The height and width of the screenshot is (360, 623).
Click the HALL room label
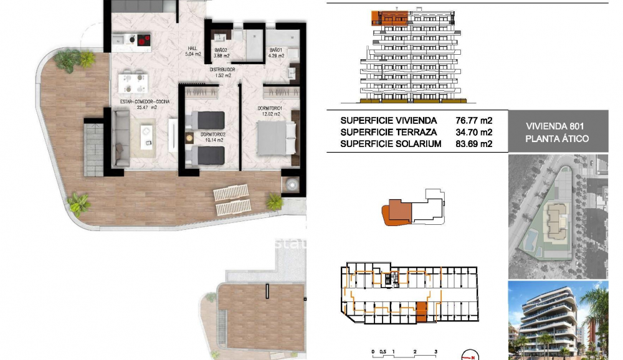tap(194, 49)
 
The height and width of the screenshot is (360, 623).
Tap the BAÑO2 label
tap(219, 50)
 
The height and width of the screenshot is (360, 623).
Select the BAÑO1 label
tap(276, 50)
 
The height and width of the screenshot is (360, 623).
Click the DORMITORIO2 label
tap(210, 135)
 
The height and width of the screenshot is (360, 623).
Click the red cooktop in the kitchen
tap(143, 40)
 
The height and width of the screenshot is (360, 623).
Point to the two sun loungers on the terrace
tap(232, 200)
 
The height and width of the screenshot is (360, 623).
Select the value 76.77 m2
tap(474, 120)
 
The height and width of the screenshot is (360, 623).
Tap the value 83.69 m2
tap(474, 144)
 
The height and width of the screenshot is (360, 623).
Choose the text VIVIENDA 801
tap(558, 126)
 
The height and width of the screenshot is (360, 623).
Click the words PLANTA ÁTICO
tap(558, 139)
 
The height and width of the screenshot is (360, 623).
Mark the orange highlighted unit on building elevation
tap(390, 17)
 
